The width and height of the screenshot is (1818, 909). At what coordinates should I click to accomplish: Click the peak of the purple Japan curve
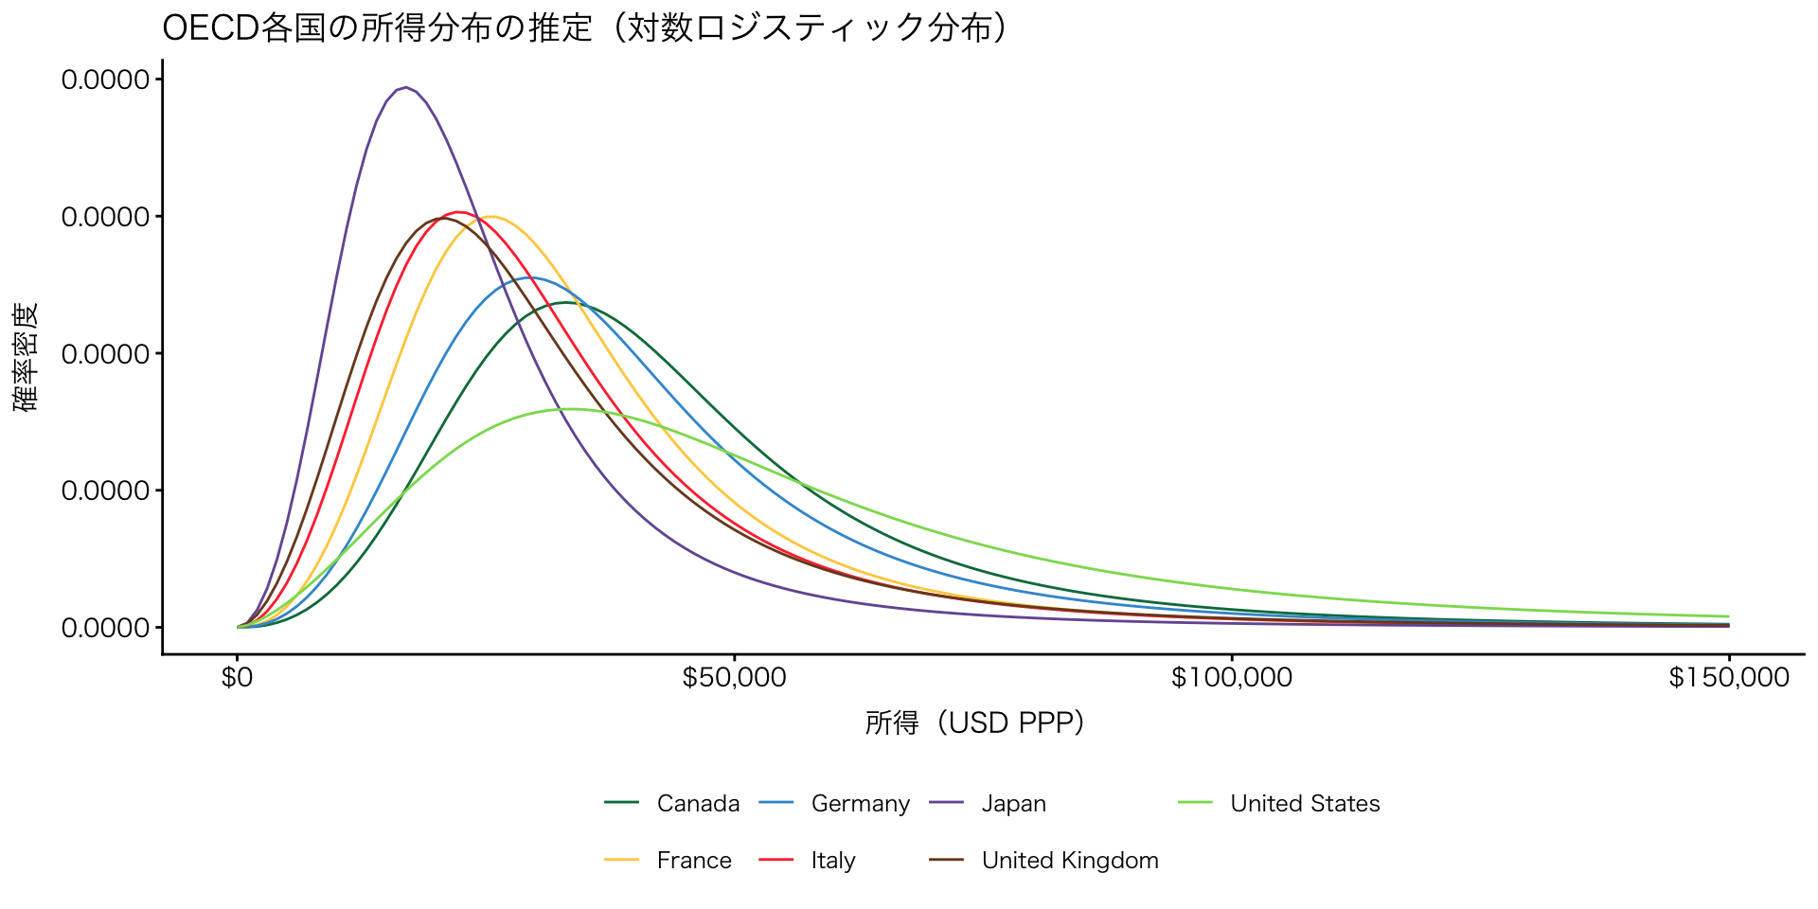tap(406, 87)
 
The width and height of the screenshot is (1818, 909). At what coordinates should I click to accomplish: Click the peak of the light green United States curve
tap(571, 409)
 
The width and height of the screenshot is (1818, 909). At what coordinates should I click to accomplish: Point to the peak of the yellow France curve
tap(491, 216)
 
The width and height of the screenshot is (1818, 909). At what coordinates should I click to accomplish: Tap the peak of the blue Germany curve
tap(530, 277)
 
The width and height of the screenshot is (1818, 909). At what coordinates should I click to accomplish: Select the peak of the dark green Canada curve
tap(565, 302)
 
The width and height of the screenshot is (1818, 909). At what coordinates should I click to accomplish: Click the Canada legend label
tap(698, 804)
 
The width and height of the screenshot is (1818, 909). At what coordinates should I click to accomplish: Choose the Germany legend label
tap(860, 804)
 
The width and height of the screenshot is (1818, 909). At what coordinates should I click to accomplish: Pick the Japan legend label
tap(1013, 804)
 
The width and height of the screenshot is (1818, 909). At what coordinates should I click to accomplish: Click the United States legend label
tap(1305, 804)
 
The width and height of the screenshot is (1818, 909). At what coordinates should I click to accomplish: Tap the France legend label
tap(694, 861)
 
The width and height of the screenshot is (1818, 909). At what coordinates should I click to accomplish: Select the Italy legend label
tap(833, 861)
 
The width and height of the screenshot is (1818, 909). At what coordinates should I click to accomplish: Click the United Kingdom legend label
tap(1070, 861)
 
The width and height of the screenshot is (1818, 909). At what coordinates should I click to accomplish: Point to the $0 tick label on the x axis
tap(237, 678)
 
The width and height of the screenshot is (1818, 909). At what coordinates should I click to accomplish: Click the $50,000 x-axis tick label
tap(734, 678)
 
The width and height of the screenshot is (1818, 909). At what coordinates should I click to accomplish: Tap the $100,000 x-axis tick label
tap(1231, 678)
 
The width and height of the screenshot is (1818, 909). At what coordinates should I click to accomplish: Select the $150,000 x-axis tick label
tap(1729, 678)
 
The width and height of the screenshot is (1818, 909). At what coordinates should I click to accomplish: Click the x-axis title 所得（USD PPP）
tap(974, 723)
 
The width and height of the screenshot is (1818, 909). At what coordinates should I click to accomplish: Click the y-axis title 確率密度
tap(27, 357)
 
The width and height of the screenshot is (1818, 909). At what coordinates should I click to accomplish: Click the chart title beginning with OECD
tap(587, 28)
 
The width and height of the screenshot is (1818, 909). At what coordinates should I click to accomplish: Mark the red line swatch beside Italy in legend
tap(776, 860)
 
